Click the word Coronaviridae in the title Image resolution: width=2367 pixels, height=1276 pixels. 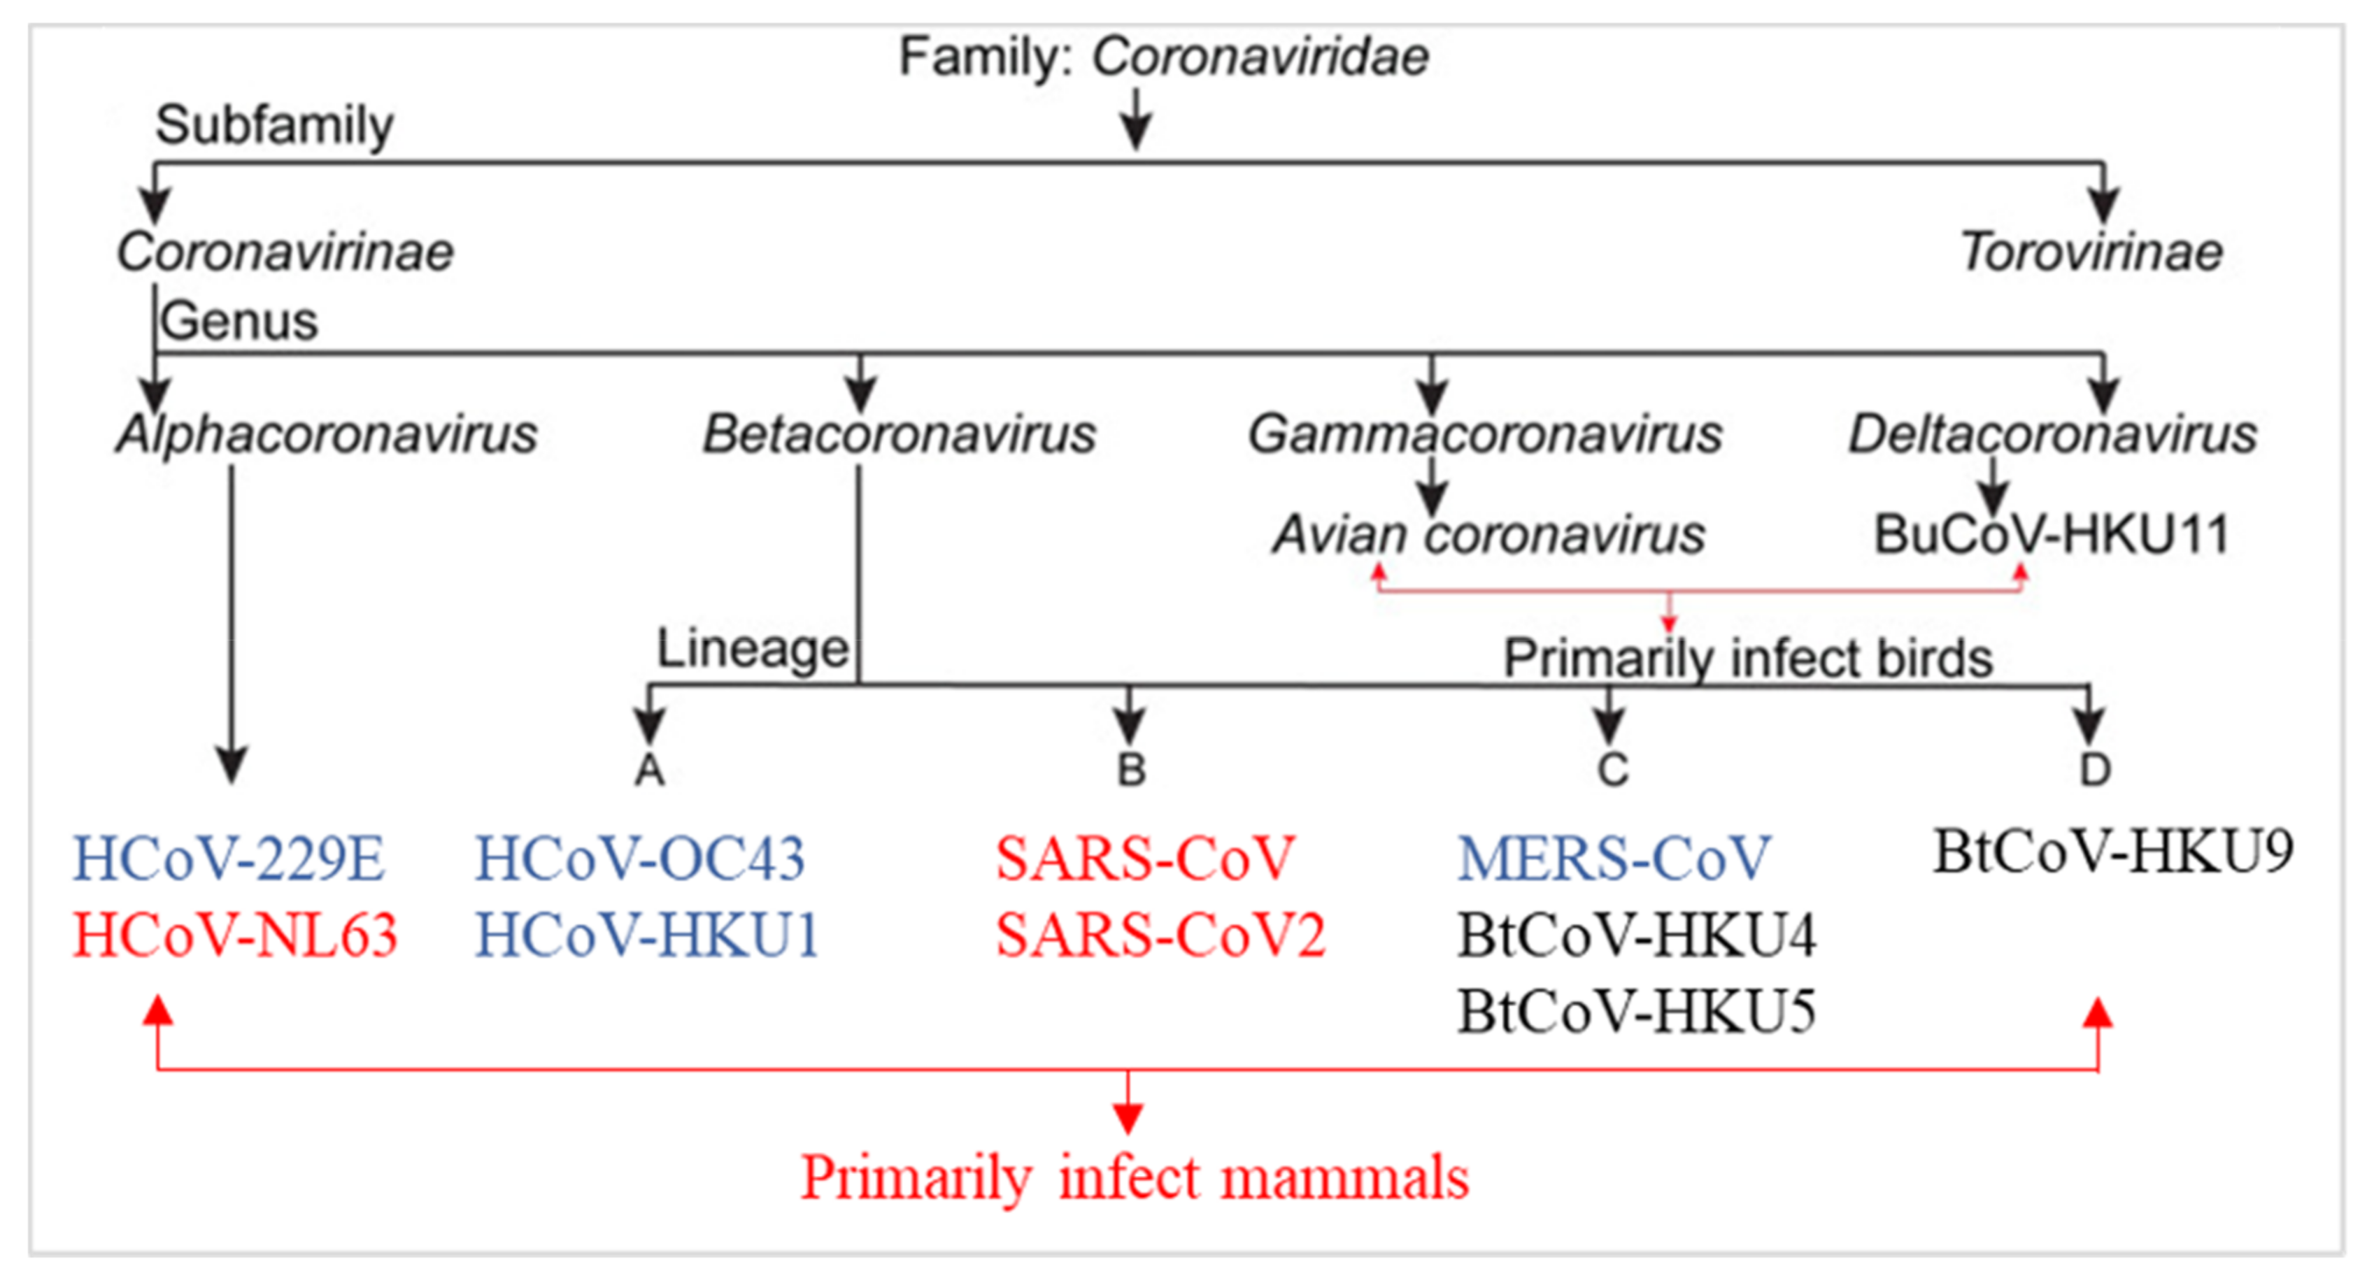pyautogui.click(x=1260, y=57)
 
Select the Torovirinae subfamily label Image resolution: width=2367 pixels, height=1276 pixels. pyautogui.click(x=2091, y=252)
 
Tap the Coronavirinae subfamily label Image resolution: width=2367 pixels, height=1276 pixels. pyautogui.click(x=285, y=252)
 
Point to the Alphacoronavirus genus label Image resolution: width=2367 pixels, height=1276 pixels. pyautogui.click(x=326, y=433)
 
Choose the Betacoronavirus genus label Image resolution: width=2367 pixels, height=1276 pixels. pyautogui.click(x=899, y=433)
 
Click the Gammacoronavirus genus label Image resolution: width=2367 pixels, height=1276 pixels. pyautogui.click(x=1484, y=433)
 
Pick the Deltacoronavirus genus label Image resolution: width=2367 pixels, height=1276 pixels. pyautogui.click(x=2052, y=433)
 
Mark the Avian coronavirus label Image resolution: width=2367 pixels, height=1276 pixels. pyautogui.click(x=1488, y=535)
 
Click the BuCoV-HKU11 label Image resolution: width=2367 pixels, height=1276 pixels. pyautogui.click(x=2051, y=535)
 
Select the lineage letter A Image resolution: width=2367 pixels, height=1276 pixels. pyautogui.click(x=650, y=770)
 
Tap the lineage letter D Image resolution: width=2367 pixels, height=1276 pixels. pyautogui.click(x=2095, y=770)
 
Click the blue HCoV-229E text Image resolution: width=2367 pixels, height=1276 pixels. pyautogui.click(x=229, y=859)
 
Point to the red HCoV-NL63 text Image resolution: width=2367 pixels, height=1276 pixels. pyautogui.click(x=235, y=936)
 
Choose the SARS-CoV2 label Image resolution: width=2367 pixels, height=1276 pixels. pyautogui.click(x=1160, y=936)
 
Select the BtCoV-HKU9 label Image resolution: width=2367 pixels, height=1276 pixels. pyautogui.click(x=2113, y=852)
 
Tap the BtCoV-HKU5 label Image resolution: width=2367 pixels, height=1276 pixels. pyautogui.click(x=1637, y=1012)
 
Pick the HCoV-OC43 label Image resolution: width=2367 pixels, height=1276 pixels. pyautogui.click(x=639, y=859)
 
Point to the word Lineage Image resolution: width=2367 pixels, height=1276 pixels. pyautogui.click(x=752, y=650)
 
